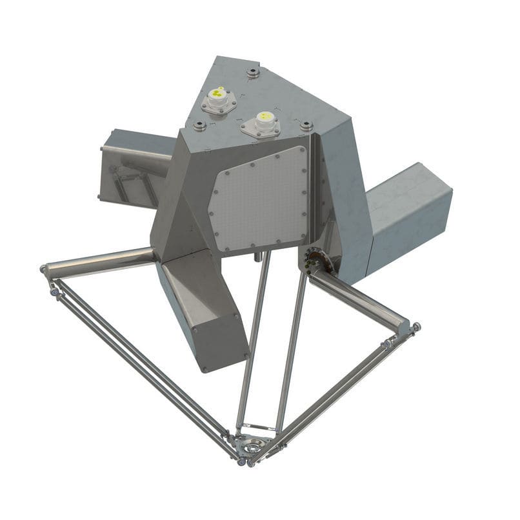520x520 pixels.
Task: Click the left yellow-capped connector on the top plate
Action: tap(217, 97)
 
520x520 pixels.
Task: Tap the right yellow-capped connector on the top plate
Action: tap(263, 121)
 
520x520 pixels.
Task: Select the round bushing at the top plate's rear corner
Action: tap(253, 71)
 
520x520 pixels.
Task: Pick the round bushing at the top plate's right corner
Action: tap(306, 124)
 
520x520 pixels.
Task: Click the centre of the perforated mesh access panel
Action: tap(262, 200)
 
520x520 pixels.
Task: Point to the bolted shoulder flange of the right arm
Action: tap(315, 262)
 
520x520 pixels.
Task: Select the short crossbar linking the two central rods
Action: tap(257, 427)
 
